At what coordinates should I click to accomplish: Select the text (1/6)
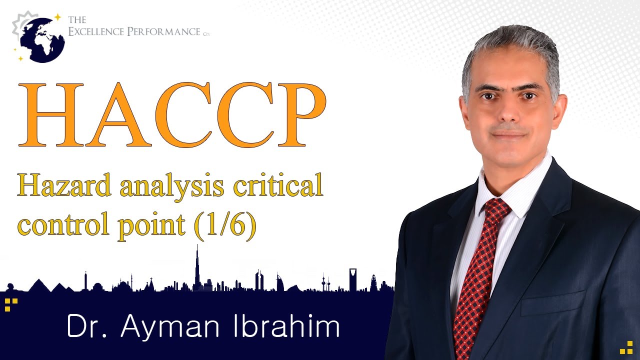pos(225,226)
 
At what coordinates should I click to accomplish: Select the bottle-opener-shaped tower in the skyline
pos(353,278)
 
